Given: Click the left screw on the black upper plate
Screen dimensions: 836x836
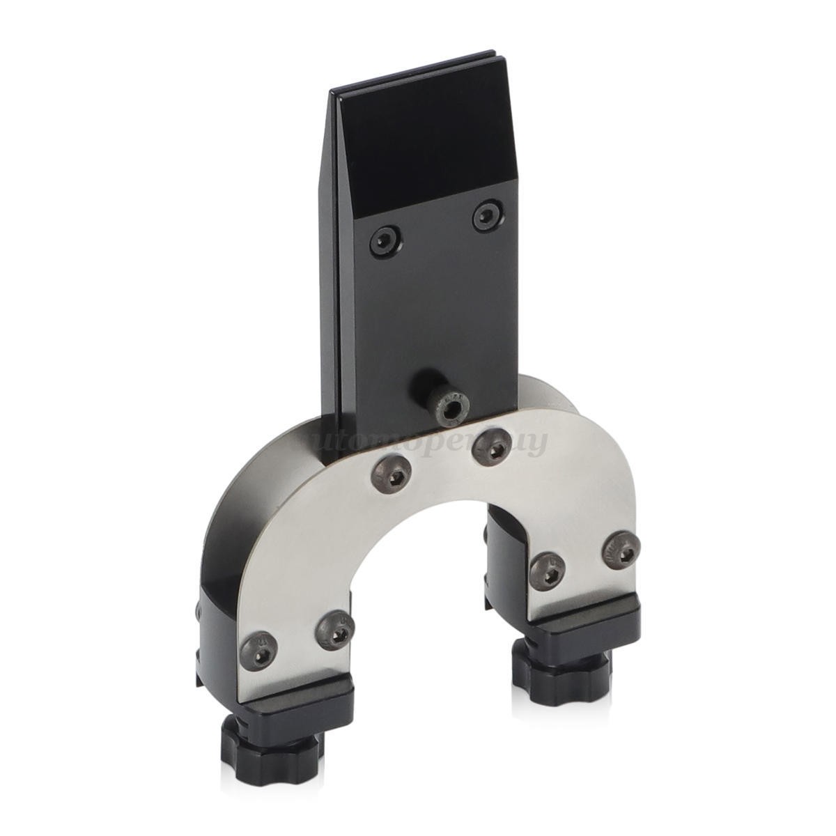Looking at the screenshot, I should (x=385, y=242).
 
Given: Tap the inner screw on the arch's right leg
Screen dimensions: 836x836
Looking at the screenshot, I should (x=548, y=571).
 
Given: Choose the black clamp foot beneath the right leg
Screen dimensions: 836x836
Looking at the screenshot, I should (x=585, y=624).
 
